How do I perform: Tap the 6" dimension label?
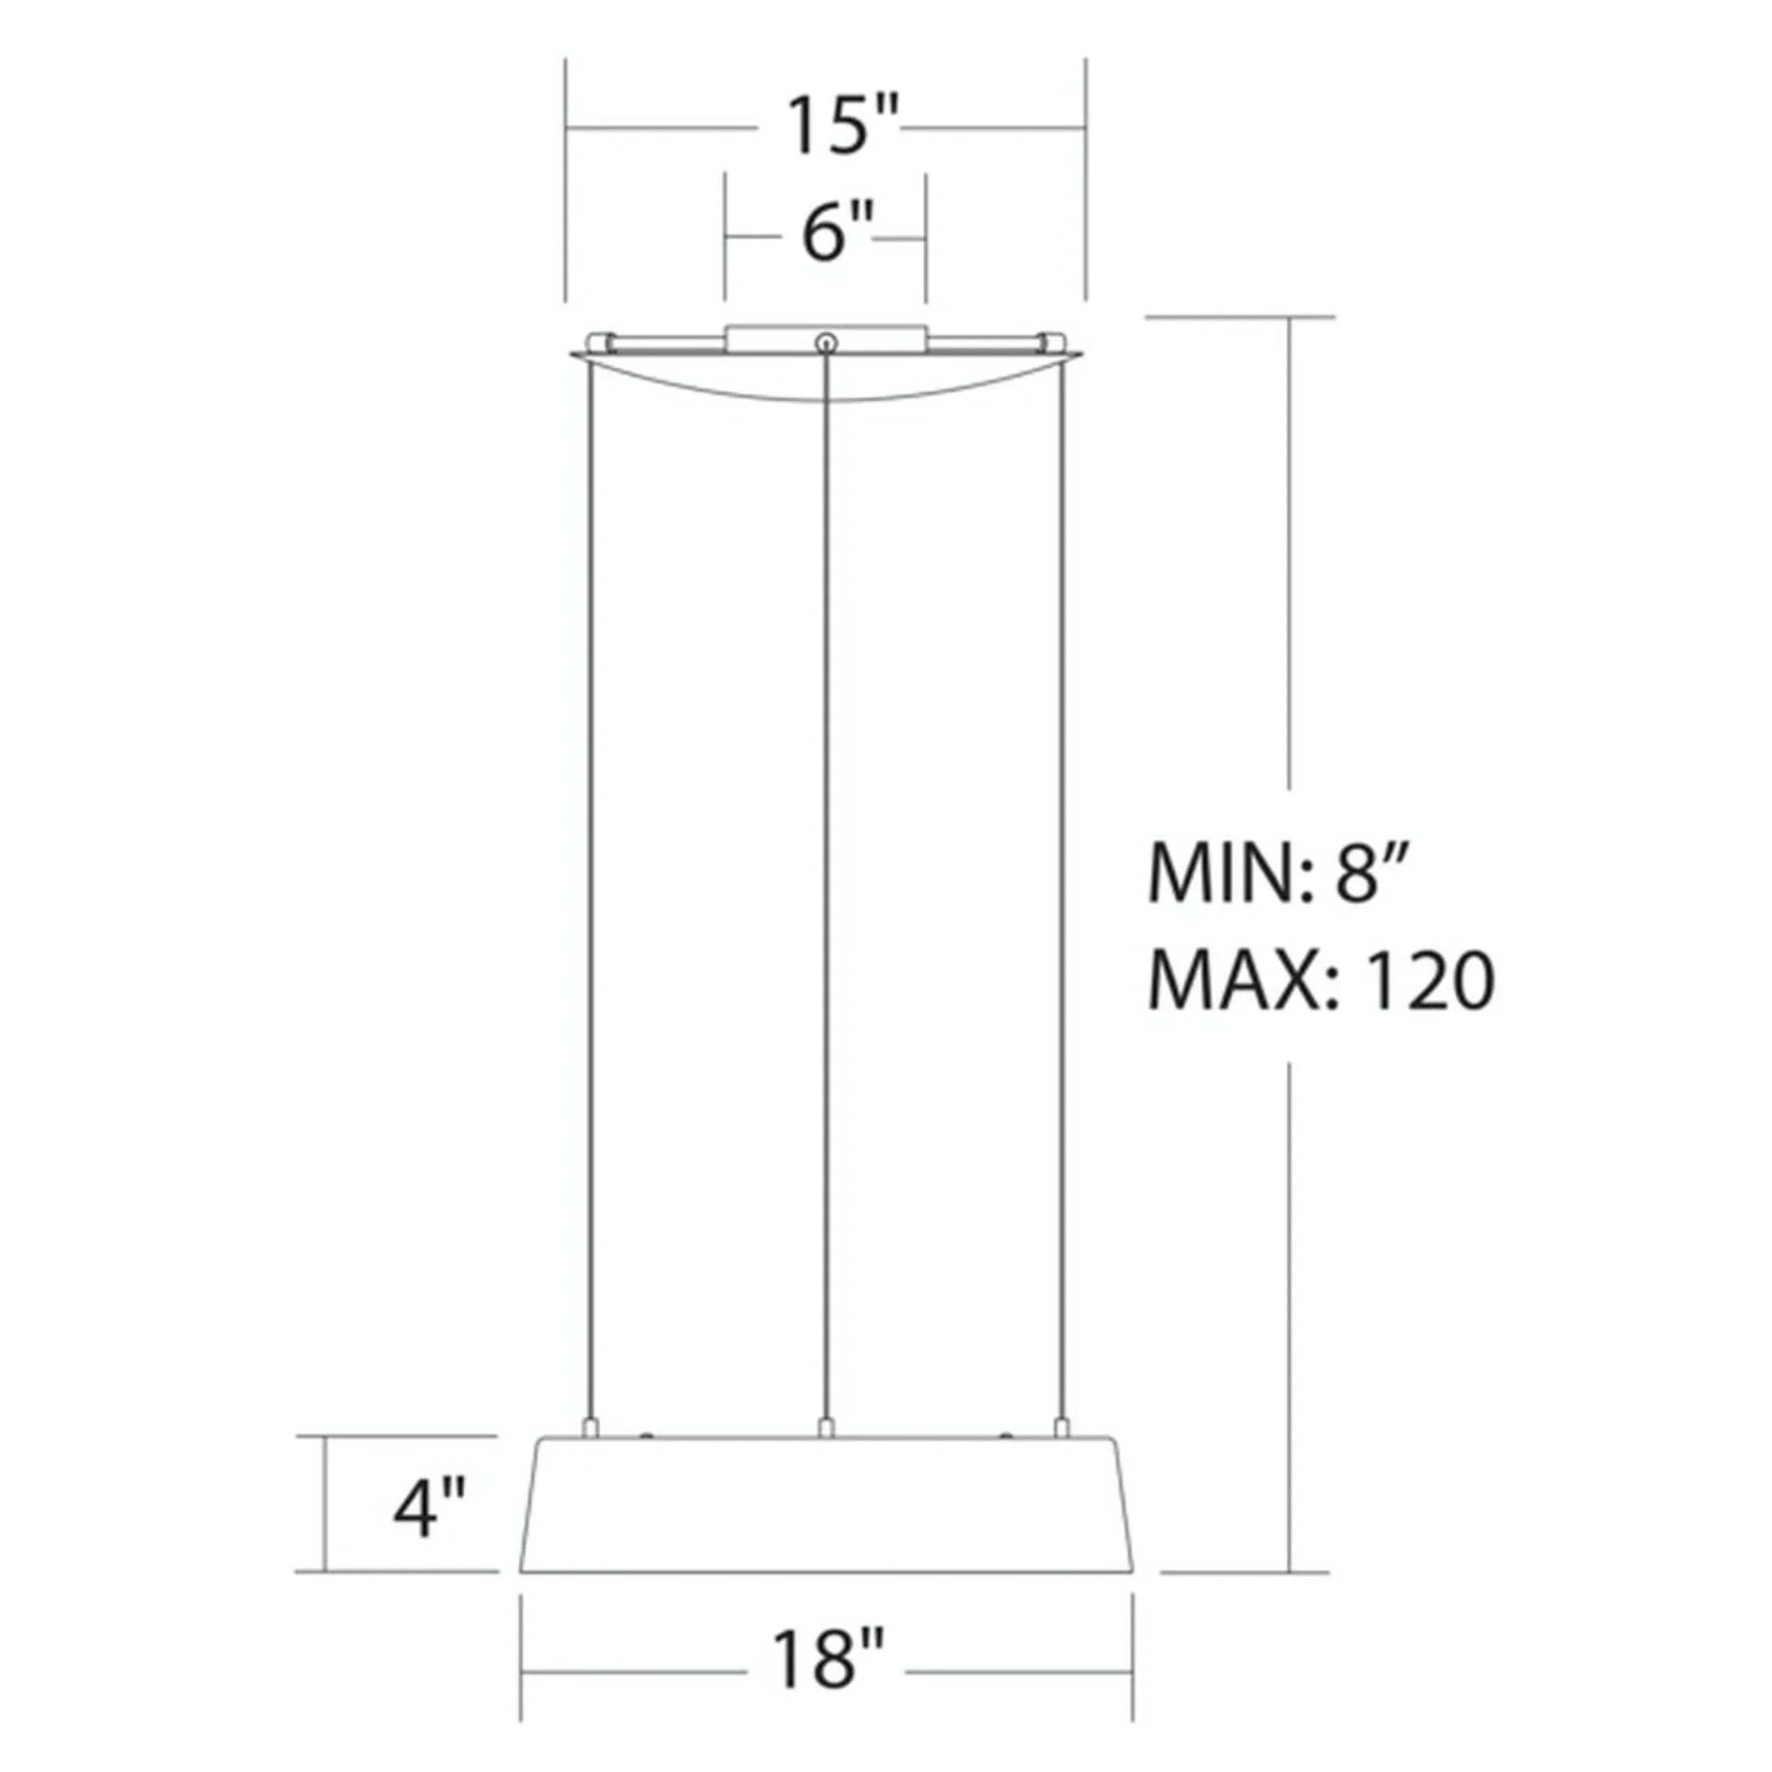click(x=835, y=235)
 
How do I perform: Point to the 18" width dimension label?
click(x=828, y=1659)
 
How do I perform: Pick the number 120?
click(x=1430, y=982)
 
